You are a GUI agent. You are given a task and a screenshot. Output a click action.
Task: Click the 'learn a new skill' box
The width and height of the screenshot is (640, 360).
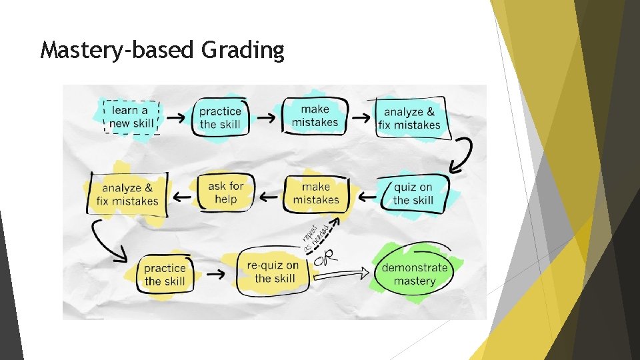tap(132, 117)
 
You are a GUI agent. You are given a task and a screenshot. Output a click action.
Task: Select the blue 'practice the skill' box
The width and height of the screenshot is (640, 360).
tap(220, 117)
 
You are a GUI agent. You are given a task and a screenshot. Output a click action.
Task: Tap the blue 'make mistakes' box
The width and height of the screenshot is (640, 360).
tap(315, 116)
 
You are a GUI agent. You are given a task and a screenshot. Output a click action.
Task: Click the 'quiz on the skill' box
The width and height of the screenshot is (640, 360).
tap(413, 193)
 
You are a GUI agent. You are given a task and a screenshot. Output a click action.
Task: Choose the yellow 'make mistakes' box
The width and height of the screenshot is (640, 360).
tap(316, 194)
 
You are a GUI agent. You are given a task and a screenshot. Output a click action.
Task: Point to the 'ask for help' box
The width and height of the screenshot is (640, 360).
tap(225, 193)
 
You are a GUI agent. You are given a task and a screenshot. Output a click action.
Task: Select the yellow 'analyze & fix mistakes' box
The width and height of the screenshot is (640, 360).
tap(127, 195)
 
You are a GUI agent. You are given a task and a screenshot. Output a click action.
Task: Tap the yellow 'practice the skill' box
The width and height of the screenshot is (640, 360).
tap(165, 275)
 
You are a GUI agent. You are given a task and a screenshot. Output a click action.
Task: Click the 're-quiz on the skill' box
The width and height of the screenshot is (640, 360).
tap(273, 272)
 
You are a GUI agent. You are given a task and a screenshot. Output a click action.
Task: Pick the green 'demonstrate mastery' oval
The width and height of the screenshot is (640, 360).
tap(414, 274)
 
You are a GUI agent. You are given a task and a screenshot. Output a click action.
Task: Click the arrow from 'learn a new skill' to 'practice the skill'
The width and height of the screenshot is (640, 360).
tap(176, 117)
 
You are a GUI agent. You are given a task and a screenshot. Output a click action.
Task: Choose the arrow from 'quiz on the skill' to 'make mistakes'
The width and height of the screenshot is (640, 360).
tap(367, 196)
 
